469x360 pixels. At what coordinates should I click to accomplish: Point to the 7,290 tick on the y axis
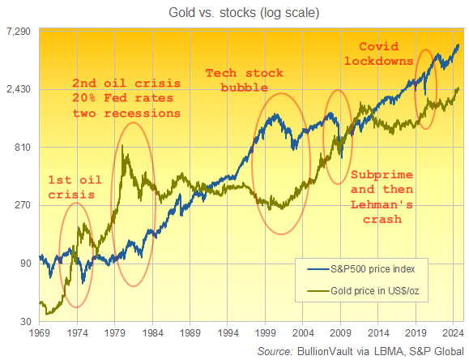[18, 32]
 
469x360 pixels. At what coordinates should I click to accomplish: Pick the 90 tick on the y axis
[25, 264]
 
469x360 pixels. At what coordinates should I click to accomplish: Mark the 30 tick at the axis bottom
[25, 322]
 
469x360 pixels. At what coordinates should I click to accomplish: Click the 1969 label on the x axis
[39, 332]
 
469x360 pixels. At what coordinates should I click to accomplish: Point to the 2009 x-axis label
[340, 332]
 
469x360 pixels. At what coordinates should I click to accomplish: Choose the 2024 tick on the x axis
[454, 332]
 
